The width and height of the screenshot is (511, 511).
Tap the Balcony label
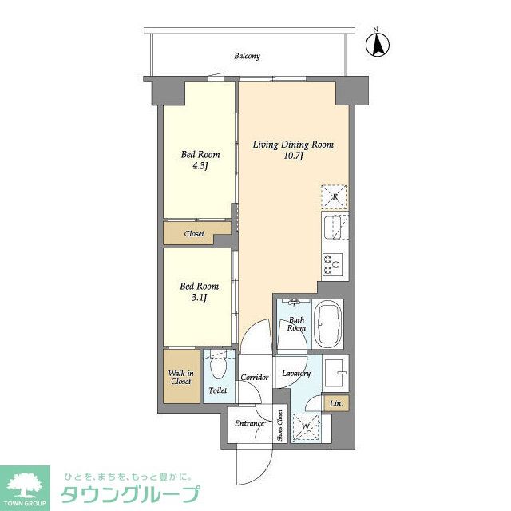(x=247, y=56)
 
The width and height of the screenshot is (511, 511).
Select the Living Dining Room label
(x=293, y=145)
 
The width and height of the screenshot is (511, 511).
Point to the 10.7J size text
(x=293, y=156)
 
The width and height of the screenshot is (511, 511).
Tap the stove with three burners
(x=332, y=263)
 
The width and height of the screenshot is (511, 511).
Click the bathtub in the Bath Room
(x=328, y=324)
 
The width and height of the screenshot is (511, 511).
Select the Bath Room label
(x=296, y=323)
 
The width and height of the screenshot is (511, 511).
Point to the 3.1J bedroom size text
(x=200, y=298)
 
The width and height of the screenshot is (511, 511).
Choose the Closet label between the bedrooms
(x=194, y=234)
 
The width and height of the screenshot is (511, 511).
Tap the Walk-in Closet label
(x=180, y=377)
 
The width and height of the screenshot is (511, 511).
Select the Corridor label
(x=255, y=376)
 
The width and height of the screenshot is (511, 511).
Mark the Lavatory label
(x=296, y=374)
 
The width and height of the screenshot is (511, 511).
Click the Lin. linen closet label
(x=336, y=404)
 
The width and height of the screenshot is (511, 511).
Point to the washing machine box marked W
(x=303, y=426)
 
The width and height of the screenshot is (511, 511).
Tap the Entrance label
(x=249, y=423)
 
